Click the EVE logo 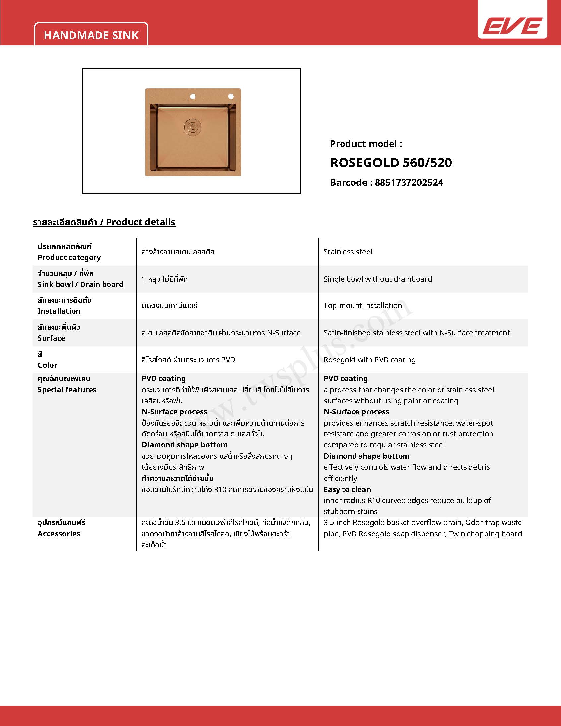(x=512, y=26)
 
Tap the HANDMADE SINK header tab (x=91, y=35)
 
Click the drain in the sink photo (x=192, y=127)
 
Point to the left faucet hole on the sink (x=192, y=97)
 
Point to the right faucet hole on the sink (x=231, y=97)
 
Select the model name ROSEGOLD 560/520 (x=391, y=163)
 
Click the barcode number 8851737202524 (x=409, y=182)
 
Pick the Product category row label (x=69, y=257)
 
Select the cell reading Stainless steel (x=347, y=252)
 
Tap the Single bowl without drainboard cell (x=378, y=279)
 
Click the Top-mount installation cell (x=363, y=305)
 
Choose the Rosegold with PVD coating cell (x=370, y=359)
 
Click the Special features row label (x=67, y=390)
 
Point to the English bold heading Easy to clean (x=347, y=489)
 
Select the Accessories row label (x=59, y=534)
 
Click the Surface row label (x=51, y=338)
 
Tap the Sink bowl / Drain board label (x=81, y=284)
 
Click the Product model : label (x=366, y=144)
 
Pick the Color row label (x=47, y=365)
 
